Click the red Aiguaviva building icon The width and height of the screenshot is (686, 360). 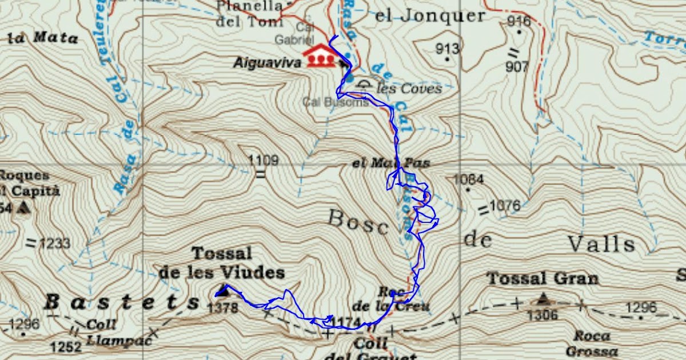tap(320, 56)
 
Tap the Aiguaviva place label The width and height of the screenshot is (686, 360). tap(266, 63)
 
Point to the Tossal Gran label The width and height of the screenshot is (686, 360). tap(542, 279)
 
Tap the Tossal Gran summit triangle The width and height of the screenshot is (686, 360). tap(542, 298)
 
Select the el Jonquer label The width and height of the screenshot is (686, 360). tap(429, 15)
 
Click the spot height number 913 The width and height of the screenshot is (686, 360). tap(447, 49)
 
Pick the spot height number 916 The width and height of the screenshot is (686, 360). tap(519, 22)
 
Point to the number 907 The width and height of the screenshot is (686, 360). tap(517, 67)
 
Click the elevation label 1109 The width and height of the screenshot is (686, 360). tap(264, 161)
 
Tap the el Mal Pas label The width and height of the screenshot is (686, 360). tap(391, 163)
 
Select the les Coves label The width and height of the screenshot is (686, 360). tap(409, 89)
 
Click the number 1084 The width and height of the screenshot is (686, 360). tap(468, 180)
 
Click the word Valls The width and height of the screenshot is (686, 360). tap(601, 245)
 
